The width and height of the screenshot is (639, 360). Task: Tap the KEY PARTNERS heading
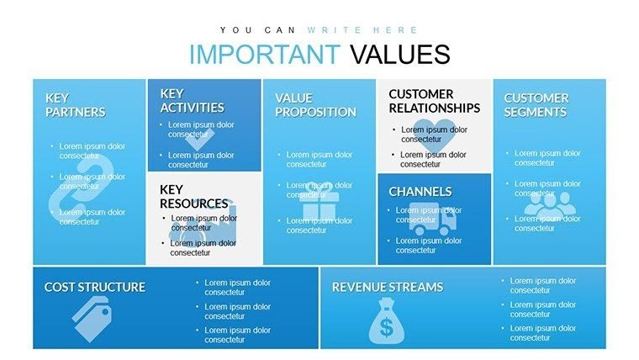tap(75, 105)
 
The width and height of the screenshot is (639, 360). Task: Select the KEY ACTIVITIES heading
tap(192, 101)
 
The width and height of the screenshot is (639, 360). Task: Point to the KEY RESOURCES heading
tap(193, 197)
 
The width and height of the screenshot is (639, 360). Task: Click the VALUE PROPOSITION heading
tap(315, 105)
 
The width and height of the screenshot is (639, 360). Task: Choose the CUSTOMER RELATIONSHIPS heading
tap(434, 101)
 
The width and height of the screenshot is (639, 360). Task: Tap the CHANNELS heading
tap(420, 192)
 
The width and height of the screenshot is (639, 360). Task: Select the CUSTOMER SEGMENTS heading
tap(536, 105)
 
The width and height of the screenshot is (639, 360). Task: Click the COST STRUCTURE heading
tap(94, 288)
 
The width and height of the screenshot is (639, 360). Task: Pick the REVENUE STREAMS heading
tap(387, 288)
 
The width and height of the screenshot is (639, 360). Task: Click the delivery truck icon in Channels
tap(433, 220)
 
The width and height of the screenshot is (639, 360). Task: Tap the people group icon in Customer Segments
tap(547, 204)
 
